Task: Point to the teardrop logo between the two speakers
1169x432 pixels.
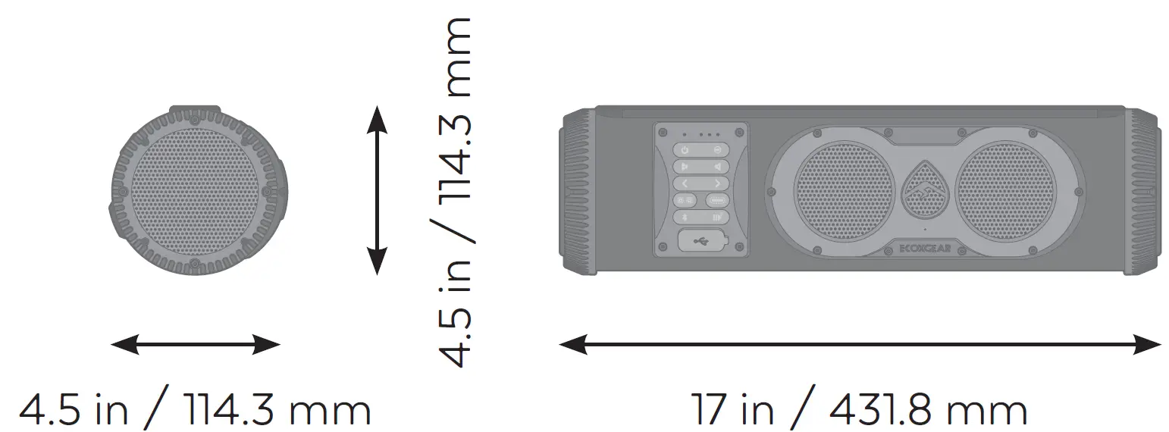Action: pos(924,189)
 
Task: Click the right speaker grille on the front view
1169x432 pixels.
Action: pos(1004,189)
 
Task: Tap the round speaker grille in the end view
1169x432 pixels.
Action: pos(196,189)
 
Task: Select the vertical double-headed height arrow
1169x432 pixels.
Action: pos(377,189)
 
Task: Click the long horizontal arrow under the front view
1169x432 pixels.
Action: pos(860,346)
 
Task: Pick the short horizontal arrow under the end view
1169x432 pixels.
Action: pos(196,346)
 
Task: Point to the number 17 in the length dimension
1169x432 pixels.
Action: pos(708,410)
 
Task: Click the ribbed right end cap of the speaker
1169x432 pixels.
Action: pos(1142,189)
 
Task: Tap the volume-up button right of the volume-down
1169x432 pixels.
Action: pos(717,167)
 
